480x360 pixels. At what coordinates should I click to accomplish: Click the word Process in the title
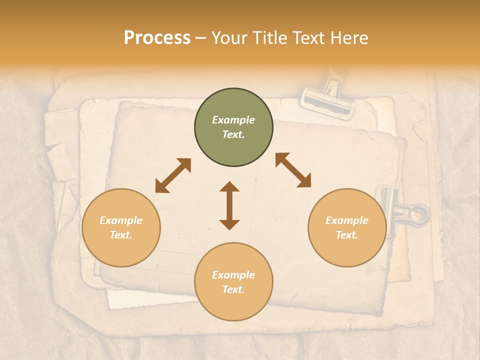157,38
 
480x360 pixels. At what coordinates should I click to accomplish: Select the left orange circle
121,227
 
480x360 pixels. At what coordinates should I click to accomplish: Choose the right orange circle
347,227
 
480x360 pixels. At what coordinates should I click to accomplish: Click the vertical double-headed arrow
229,205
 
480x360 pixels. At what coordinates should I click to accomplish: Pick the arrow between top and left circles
173,175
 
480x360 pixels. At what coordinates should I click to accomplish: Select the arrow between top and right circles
293,170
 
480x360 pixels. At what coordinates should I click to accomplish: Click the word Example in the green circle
233,120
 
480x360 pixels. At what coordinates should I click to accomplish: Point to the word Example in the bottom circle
233,275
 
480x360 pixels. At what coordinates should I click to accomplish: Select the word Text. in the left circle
121,235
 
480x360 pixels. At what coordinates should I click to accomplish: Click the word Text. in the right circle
347,235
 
